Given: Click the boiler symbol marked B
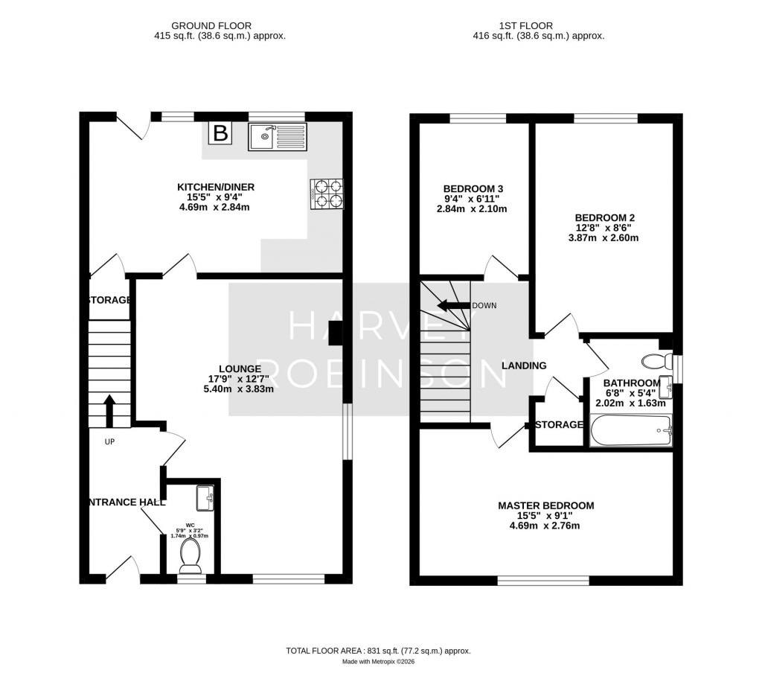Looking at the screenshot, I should click(220, 134).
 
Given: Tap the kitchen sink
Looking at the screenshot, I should click(276, 135).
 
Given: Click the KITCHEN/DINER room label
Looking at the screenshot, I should click(216, 187).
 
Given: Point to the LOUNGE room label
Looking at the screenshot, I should click(240, 368).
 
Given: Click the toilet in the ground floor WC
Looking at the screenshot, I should click(190, 555).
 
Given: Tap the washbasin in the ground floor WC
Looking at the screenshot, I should click(204, 497).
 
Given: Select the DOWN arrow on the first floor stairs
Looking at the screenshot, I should click(452, 305).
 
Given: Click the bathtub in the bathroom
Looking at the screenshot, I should click(630, 430).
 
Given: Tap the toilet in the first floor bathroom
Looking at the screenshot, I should click(655, 363).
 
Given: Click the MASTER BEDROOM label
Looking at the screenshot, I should click(545, 505).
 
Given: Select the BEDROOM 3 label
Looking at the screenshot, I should click(473, 189).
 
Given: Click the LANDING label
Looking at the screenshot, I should click(524, 366).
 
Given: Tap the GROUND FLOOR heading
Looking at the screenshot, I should click(211, 25).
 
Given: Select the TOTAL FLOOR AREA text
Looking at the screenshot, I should click(378, 651).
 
